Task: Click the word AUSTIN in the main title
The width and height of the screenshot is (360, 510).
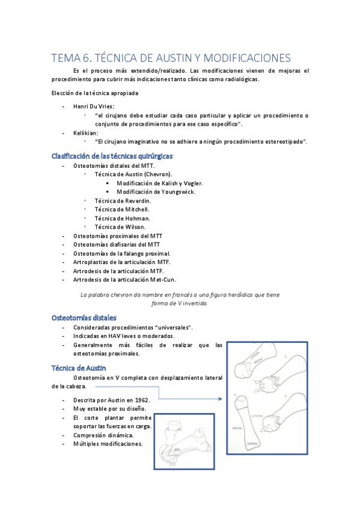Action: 168,58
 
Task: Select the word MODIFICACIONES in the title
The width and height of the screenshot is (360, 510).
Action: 247,58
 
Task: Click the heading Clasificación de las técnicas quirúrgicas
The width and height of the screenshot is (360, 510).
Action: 112,156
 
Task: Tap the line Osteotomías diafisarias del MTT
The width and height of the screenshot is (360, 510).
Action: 117,245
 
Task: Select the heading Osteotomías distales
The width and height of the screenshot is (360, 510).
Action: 85,317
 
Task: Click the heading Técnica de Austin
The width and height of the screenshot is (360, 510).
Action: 79,367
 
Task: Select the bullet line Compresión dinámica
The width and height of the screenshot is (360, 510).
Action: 103,435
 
